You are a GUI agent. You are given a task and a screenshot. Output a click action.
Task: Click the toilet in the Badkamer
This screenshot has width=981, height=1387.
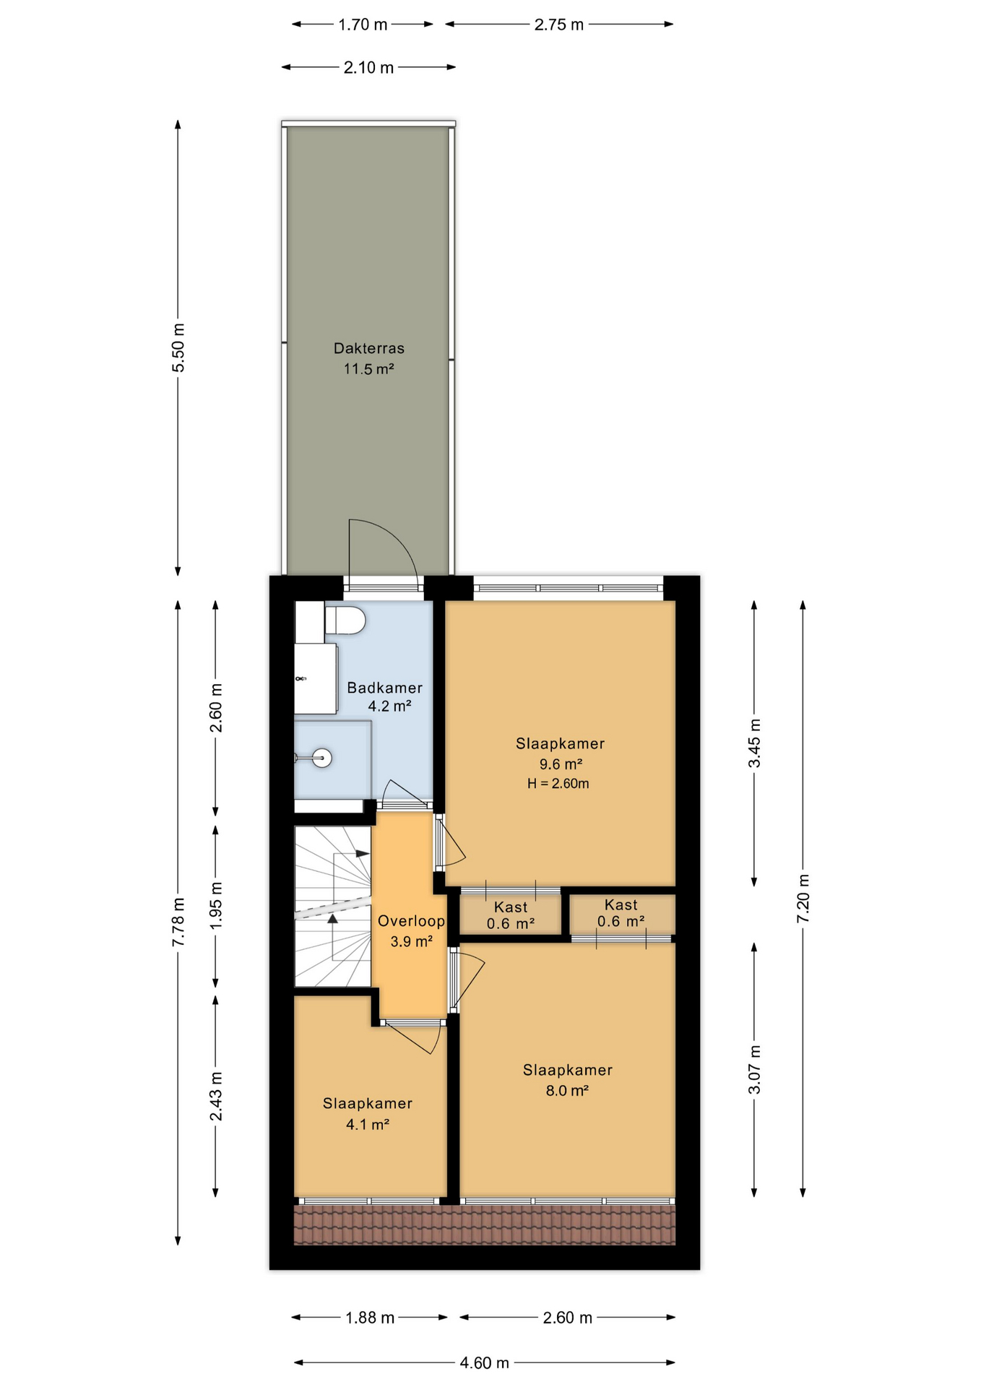[x=345, y=621]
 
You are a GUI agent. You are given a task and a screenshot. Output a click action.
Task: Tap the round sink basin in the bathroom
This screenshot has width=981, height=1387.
[x=323, y=758]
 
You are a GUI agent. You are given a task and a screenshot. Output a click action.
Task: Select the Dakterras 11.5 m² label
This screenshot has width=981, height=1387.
[x=368, y=358]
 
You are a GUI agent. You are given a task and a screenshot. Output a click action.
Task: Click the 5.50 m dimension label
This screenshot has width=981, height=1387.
[x=178, y=348]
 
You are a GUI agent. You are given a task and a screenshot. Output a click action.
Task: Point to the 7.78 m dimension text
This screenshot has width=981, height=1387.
[x=178, y=922]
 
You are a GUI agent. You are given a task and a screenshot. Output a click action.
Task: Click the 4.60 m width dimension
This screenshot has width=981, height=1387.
[x=484, y=1362]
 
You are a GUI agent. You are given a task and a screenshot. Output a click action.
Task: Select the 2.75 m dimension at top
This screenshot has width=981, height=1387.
[x=558, y=25]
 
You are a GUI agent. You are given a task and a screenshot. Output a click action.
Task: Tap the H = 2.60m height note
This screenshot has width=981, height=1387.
[x=558, y=784]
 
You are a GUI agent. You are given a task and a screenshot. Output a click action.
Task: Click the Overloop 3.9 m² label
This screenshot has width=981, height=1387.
[x=411, y=930]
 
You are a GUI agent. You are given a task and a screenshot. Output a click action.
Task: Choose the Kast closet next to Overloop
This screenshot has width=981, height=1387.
[x=511, y=915]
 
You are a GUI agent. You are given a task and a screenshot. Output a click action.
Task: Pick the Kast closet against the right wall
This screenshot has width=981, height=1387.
[x=621, y=913]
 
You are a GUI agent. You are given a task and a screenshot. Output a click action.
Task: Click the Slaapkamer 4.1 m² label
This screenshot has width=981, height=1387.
[x=368, y=1113]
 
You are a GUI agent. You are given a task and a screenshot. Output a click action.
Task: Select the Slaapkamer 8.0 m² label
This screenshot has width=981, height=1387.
[x=567, y=1080]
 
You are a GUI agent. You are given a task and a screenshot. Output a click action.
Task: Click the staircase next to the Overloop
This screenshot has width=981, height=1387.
[x=332, y=907]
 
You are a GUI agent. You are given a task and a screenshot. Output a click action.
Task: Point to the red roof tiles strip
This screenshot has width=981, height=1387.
[x=484, y=1225]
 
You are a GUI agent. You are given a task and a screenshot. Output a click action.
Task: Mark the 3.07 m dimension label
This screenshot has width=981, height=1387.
[x=754, y=1069]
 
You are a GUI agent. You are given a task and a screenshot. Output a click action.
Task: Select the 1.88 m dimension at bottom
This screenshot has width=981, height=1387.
[x=369, y=1318]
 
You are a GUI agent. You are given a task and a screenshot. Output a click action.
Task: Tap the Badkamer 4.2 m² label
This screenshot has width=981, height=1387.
[x=384, y=696]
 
